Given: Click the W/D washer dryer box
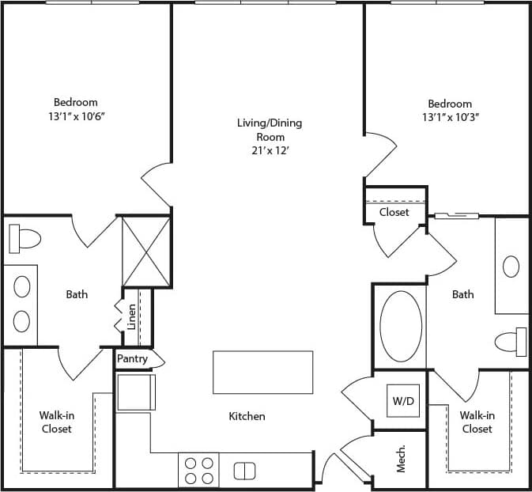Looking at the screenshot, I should coord(402,400).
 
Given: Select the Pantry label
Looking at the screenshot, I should coord(132,358).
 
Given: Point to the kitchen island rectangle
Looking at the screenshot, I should coord(262,372).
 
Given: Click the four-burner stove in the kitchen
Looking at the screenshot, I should coord(198,471).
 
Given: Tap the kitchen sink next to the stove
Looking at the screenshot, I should coord(245,471).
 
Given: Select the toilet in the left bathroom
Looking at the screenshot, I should coord(25,237).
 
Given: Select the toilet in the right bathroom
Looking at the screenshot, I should coord(510,341).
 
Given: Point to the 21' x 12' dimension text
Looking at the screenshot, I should coord(270,150).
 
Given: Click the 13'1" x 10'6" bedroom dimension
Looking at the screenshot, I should coord(76,115).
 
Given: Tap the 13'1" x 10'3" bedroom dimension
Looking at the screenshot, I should coord(450,117).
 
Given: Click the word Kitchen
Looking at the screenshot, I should coord(247,416).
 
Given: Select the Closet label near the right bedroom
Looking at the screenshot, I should coord(394,212).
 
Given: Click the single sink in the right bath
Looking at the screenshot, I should coord(511,266).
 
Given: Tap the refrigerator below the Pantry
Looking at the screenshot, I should coord(136,392).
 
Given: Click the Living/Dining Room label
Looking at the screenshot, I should coord(270,130).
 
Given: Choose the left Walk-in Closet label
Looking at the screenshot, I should coord(56,422).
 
